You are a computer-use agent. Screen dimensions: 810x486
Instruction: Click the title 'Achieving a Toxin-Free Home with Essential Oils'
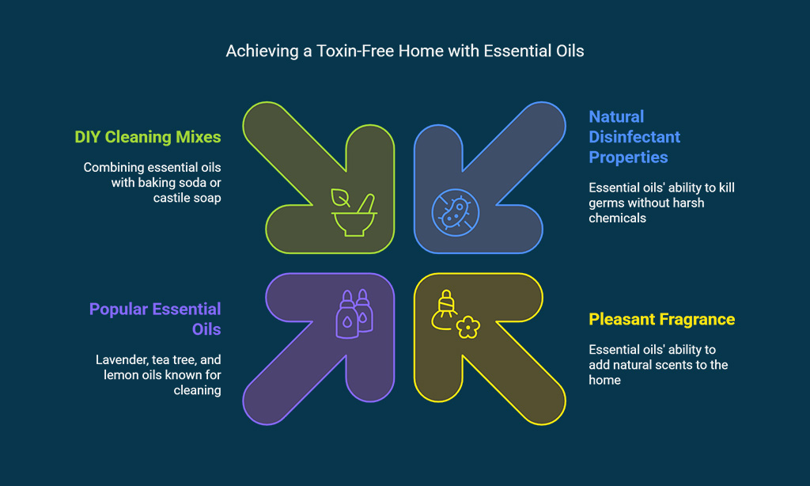point(405,51)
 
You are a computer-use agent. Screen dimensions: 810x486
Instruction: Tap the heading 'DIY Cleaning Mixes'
point(148,137)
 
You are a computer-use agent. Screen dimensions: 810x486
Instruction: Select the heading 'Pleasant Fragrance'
point(662,320)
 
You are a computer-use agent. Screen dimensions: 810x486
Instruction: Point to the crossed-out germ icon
point(455,212)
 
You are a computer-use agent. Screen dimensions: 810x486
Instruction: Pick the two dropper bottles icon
point(354,313)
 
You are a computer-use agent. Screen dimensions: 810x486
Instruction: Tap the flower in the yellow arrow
point(468,327)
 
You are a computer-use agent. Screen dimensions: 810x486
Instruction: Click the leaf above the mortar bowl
point(340,198)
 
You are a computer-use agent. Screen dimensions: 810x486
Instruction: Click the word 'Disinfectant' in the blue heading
point(634,137)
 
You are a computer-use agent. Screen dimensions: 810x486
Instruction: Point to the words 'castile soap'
point(187,198)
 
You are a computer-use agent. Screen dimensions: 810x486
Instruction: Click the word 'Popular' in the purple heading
point(119,309)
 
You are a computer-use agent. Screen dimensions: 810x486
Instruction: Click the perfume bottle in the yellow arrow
point(445,309)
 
